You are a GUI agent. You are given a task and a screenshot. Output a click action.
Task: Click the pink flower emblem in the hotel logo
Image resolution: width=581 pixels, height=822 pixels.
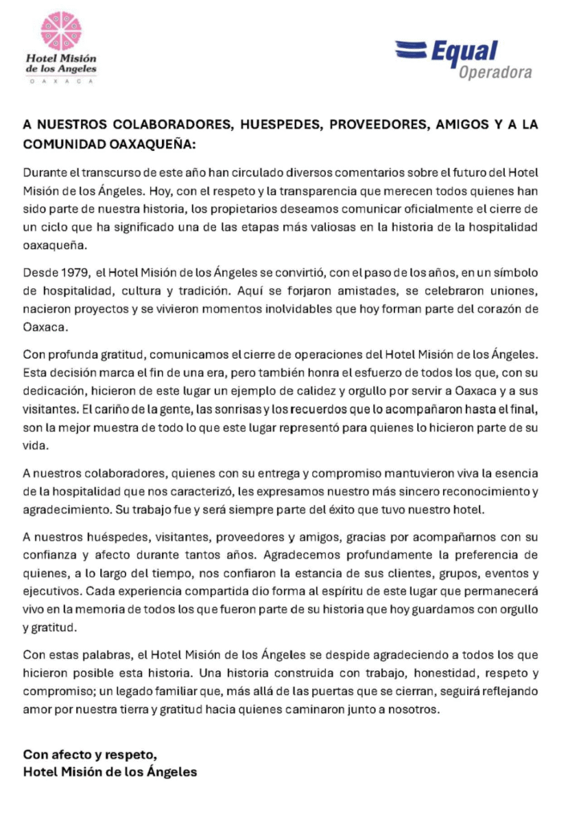(x=62, y=31)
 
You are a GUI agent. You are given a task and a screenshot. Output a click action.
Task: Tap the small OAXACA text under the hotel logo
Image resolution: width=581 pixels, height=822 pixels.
(x=62, y=81)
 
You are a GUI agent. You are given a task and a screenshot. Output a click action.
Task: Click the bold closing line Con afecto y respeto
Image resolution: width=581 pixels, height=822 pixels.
(x=89, y=755)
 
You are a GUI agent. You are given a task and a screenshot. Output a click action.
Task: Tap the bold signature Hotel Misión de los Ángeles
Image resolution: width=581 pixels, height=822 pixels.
(x=109, y=773)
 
